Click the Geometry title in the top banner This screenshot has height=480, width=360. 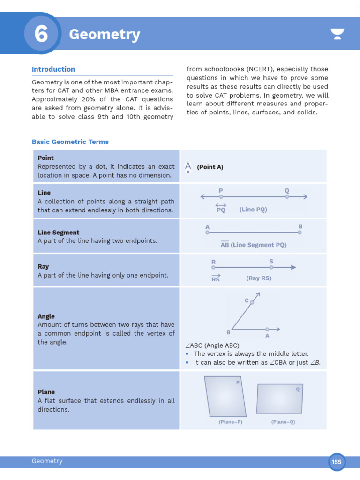click(x=104, y=35)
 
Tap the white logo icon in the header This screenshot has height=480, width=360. click(x=337, y=34)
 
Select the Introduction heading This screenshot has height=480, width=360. click(x=53, y=69)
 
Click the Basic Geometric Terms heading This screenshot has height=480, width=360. click(x=70, y=142)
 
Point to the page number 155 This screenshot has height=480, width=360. click(x=337, y=462)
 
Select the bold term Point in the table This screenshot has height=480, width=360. click(x=46, y=158)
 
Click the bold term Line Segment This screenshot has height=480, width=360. click(x=59, y=232)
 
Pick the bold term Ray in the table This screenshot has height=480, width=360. click(x=43, y=267)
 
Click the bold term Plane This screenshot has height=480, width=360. click(x=46, y=392)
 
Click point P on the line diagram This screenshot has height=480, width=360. click(x=221, y=197)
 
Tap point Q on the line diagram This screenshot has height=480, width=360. click(x=287, y=197)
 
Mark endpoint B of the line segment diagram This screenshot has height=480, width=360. click(x=300, y=232)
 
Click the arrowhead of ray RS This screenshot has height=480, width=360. click(x=293, y=267)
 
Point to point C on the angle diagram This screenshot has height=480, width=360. click(x=252, y=303)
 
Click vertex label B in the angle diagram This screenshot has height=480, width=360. click(x=229, y=332)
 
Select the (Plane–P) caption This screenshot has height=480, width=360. click(x=231, y=422)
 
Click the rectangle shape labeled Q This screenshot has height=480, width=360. click(x=279, y=398)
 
